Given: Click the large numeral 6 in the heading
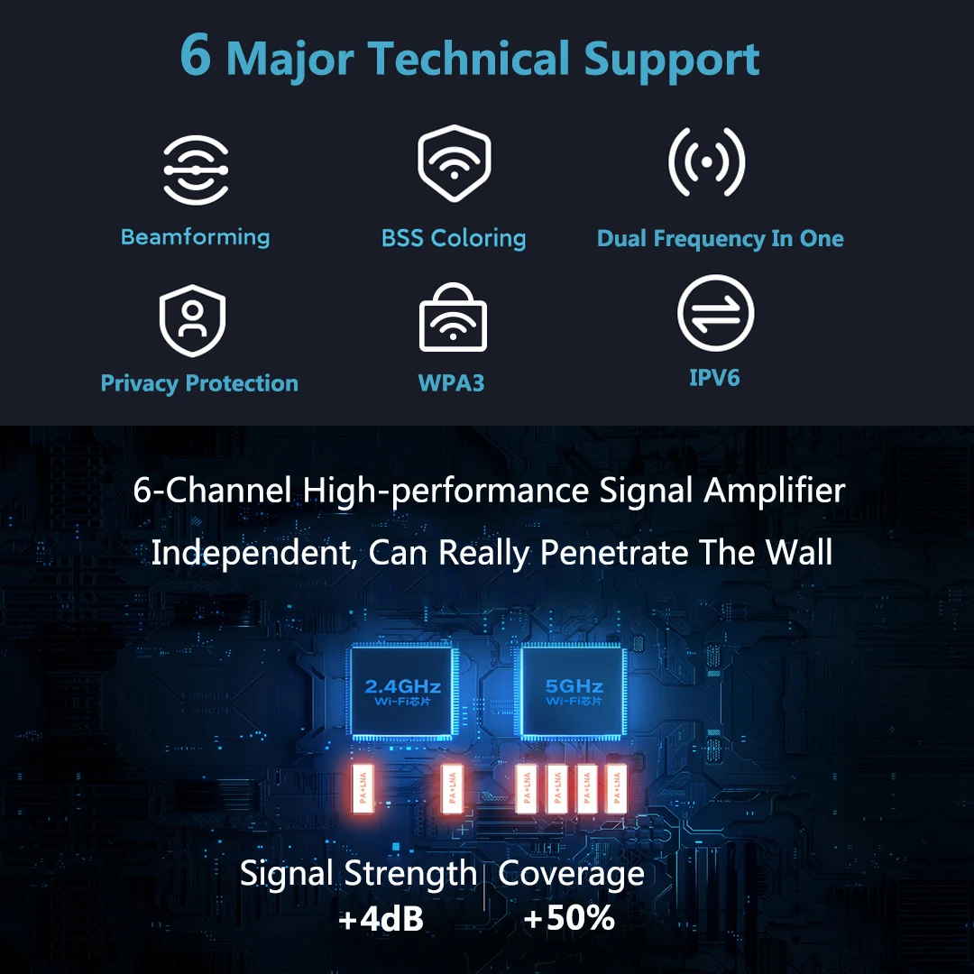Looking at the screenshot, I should coord(197,56).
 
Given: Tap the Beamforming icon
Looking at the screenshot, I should coord(196,170).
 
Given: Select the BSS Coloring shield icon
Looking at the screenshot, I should coord(454,163).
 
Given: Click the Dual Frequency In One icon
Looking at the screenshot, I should coord(706,163).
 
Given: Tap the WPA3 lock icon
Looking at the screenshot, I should coord(453,318).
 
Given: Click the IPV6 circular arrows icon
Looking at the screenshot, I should coord(715,313).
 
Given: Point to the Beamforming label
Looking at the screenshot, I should coord(196,237).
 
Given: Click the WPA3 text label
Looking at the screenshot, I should coord(452,383).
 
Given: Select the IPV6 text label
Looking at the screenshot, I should coord(714,377).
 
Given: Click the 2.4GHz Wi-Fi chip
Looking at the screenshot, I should coord(402,691).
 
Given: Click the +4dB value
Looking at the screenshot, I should coord(381,919).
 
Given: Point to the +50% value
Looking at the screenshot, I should coord(569,918).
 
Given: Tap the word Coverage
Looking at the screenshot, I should coord(571,874).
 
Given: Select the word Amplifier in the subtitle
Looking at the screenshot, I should coord(775,492).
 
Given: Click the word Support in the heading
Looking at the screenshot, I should coord(672,59).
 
